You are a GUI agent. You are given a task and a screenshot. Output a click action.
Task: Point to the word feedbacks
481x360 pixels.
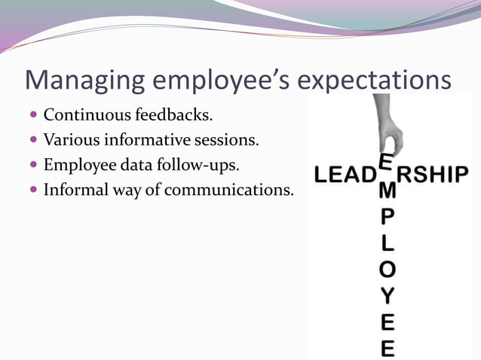point(170,115)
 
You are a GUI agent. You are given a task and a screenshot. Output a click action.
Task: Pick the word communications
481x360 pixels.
point(229,188)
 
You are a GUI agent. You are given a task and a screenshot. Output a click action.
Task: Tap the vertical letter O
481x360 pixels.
point(387,270)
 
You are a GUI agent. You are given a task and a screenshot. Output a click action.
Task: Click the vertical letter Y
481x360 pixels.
point(387,295)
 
